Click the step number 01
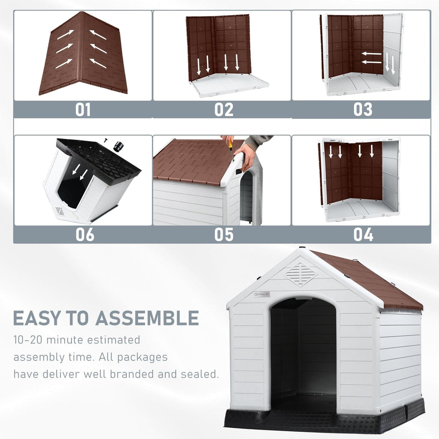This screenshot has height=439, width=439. (x=83, y=110)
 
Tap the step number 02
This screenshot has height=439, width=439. (x=224, y=110)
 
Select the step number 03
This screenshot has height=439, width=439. (x=363, y=110)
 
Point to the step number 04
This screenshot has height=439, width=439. (x=363, y=235)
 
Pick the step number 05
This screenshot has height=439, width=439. (x=224, y=235)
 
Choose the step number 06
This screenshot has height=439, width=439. (x=84, y=235)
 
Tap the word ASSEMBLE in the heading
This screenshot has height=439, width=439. (x=147, y=318)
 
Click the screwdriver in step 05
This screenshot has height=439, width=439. (x=231, y=148)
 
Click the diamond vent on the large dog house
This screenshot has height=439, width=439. (x=301, y=274)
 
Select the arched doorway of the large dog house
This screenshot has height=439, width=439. (x=304, y=352)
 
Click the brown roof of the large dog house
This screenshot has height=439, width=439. (x=369, y=279)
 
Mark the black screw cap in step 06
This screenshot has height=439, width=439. (x=118, y=147)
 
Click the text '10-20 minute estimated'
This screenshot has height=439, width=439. (x=77, y=340)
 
